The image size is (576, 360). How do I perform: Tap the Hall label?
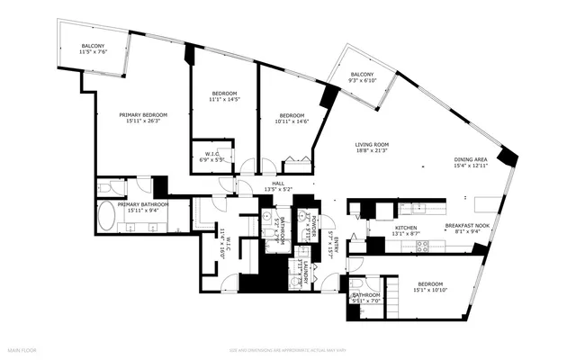coord(274,183)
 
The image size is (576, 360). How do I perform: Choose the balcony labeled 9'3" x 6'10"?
coord(362,75)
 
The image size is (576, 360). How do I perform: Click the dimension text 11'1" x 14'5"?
coord(224,100)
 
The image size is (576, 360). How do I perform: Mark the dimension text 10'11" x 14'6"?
coord(291,121)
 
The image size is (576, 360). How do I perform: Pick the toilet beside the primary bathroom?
coord(104,188)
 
